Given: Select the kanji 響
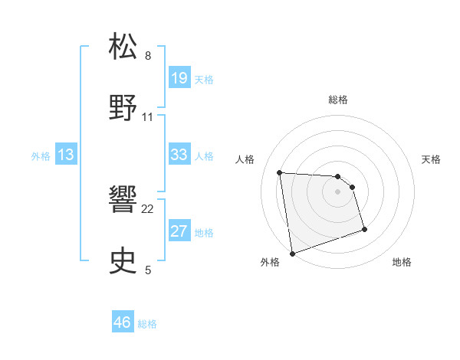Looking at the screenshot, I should [123, 200].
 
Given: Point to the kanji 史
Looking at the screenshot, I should [123, 260].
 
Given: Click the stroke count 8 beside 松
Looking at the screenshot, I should [148, 56].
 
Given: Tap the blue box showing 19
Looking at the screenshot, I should [179, 77].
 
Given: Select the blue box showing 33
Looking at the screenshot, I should [179, 155].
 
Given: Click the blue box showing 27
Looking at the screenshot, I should [179, 231].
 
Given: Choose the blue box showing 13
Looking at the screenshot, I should [66, 155].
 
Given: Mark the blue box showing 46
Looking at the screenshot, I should [122, 322].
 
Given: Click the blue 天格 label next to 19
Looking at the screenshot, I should [204, 79].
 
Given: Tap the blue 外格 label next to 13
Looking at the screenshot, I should [41, 156].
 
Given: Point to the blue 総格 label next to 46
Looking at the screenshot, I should [147, 324].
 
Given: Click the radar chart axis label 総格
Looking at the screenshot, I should [338, 100].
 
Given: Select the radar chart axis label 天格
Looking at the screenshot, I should [432, 159].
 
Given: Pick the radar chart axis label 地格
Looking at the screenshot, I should [402, 262].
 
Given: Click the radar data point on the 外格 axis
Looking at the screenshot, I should [292, 253].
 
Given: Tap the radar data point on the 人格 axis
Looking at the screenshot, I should [280, 172].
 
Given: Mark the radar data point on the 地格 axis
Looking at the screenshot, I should [364, 229].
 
